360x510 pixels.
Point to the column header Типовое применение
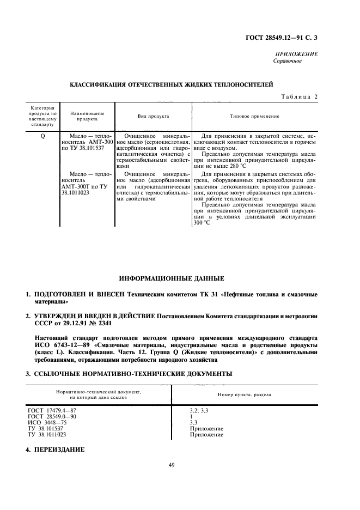[x=255, y=116]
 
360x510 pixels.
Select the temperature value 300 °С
[x=202, y=223]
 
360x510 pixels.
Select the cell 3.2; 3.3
[x=197, y=409]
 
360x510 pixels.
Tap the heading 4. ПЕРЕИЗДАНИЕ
[x=54, y=451]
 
